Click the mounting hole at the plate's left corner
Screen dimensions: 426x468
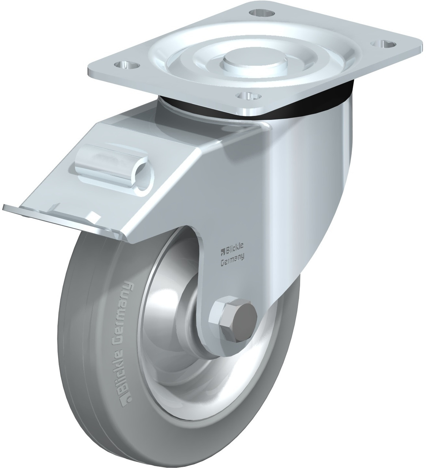coord(127,64)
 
